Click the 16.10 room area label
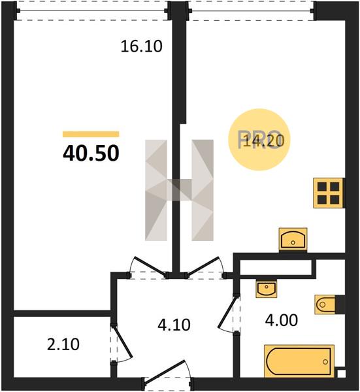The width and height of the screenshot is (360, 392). (142, 46)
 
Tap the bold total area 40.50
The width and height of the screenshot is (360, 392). (91, 154)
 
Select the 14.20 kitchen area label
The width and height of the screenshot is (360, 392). (264, 140)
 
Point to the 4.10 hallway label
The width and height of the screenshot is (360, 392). (174, 325)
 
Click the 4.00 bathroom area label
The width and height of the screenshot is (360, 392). (282, 320)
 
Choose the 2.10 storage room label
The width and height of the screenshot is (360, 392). (63, 344)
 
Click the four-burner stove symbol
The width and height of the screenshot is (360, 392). (328, 193)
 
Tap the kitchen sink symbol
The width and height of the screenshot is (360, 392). (293, 239)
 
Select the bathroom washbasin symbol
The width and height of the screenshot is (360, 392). (267, 289)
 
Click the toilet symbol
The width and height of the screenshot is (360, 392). (325, 304)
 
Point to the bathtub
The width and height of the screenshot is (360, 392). (299, 361)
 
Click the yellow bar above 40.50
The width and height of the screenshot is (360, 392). (91, 134)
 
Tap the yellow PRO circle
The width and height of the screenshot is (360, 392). (259, 140)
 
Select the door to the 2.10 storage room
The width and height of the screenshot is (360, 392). (123, 342)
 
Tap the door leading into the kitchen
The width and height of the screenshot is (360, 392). (205, 267)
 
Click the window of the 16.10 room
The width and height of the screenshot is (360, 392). (92, 10)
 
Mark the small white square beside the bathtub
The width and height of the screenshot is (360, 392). (342, 374)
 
